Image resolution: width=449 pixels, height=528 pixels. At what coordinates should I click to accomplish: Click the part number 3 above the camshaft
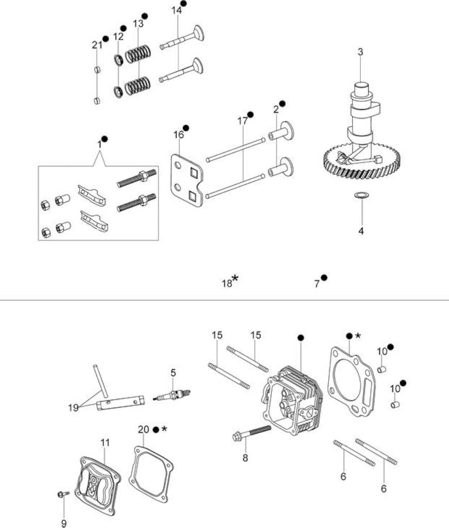(360, 52)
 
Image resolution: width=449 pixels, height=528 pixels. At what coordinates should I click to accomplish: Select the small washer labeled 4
(360, 195)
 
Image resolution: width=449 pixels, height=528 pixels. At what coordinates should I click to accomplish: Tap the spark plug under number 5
(172, 394)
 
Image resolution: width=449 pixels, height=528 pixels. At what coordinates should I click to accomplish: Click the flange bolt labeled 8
(252, 433)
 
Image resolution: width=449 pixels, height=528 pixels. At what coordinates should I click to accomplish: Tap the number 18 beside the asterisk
(227, 284)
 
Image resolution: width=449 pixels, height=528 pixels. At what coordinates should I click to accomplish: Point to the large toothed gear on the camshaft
(362, 161)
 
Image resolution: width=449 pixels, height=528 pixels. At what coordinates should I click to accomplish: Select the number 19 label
(73, 407)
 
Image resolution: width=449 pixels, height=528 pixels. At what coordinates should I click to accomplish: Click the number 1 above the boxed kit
(99, 144)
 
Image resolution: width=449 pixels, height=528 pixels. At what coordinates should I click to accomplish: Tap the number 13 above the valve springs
(138, 24)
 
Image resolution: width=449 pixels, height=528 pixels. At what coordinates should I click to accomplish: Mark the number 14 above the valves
(176, 10)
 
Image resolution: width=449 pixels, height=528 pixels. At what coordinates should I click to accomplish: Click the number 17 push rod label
(242, 121)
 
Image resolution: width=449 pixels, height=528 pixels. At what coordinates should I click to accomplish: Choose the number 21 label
(97, 45)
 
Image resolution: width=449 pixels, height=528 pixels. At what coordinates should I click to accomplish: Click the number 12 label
(118, 37)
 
